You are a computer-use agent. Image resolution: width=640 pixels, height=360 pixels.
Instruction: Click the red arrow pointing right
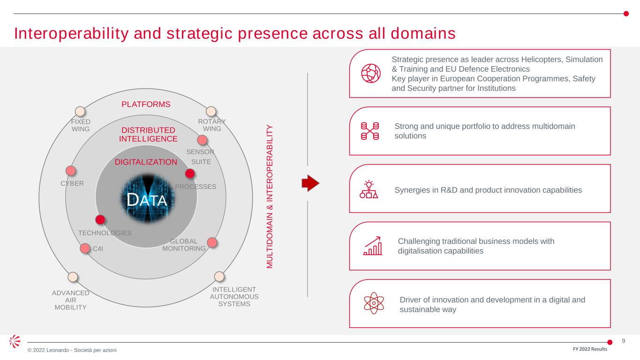[x=310, y=183]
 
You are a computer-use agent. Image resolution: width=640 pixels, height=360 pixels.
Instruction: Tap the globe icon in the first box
[x=371, y=74]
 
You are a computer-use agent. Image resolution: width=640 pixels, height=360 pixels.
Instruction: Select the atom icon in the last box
[x=374, y=303]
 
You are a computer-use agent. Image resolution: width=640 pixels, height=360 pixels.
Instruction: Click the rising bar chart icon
[x=373, y=246]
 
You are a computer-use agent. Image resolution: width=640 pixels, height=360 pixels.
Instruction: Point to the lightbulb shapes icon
[x=369, y=189]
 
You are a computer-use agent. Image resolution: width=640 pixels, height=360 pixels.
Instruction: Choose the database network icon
[x=370, y=131]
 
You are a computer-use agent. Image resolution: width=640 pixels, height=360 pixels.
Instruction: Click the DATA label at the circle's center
[x=147, y=200]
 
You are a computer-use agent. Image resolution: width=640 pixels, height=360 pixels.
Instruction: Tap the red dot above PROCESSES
[x=190, y=173]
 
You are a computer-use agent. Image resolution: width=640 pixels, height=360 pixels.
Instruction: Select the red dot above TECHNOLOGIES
[x=100, y=219]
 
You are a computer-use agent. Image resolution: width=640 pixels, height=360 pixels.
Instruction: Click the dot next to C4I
[x=85, y=248]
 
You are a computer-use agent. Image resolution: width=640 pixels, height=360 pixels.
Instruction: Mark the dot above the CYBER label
[x=71, y=171]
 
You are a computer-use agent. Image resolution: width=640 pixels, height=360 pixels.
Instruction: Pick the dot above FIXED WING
[x=80, y=111]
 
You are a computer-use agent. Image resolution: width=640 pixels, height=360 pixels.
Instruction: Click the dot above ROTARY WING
[x=211, y=111]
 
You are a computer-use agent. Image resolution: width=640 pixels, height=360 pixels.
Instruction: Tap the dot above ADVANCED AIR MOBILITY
[x=73, y=277]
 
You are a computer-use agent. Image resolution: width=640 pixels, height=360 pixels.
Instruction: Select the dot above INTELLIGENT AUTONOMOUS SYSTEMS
[x=219, y=276]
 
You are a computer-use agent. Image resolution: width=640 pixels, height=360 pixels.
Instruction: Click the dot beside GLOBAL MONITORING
[x=212, y=242]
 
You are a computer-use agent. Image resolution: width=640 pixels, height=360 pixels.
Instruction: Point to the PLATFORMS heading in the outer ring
[x=146, y=104]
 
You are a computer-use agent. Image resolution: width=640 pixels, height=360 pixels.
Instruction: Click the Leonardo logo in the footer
[x=15, y=341]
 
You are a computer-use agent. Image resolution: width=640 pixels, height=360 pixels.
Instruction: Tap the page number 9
[x=624, y=341]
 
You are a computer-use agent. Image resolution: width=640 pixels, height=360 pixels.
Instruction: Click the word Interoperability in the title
[x=71, y=34]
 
